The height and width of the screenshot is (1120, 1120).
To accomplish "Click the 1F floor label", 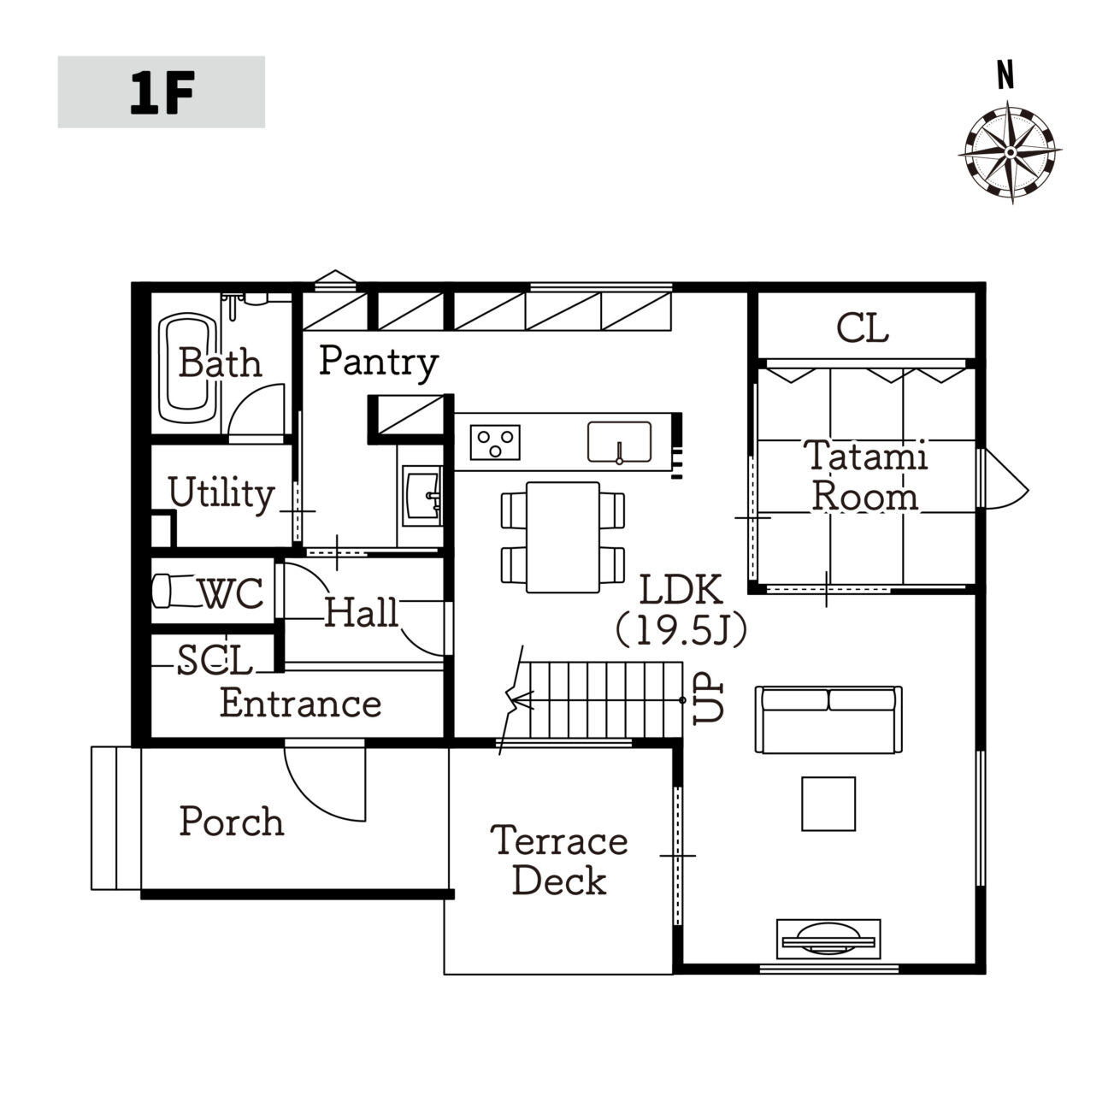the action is [162, 93].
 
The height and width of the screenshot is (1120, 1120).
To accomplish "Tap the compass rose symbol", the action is [1011, 153].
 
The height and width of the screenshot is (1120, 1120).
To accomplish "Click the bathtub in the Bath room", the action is [188, 369].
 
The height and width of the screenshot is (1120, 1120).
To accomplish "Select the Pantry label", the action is [379, 363].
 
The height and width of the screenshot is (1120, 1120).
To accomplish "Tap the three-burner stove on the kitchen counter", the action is [495, 442].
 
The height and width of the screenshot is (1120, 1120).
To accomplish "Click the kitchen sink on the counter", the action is [619, 443].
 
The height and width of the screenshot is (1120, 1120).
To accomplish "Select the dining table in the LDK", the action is [563, 538].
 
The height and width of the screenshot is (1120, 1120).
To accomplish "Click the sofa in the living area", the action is [828, 720].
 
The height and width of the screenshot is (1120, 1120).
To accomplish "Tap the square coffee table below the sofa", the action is [828, 804].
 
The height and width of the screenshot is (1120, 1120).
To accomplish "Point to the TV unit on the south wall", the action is [828, 939].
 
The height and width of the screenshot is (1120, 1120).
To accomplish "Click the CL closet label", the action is [863, 328].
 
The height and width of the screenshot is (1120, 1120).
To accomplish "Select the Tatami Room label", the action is [865, 475].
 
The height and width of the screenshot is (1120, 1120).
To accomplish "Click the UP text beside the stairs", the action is [708, 698].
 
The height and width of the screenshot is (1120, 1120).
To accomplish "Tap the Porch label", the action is [232, 822].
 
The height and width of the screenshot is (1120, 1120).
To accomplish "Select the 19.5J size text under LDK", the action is [681, 630].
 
